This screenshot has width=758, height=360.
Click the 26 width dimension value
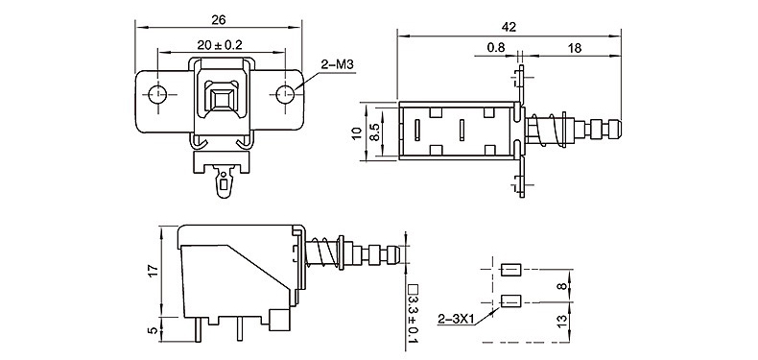[x=219, y=20]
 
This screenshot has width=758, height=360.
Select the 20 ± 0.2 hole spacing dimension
[x=220, y=45]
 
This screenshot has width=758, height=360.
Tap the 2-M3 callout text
[x=338, y=64]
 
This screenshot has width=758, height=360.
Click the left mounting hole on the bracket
[x=157, y=94]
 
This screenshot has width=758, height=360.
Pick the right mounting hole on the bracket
[x=285, y=94]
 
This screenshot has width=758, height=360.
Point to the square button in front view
[x=222, y=99]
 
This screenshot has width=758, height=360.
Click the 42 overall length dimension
[x=509, y=28]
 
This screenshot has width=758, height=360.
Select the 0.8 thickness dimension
[x=495, y=48]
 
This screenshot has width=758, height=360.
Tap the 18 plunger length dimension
[x=575, y=48]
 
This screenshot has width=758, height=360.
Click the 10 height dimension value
[x=357, y=133]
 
